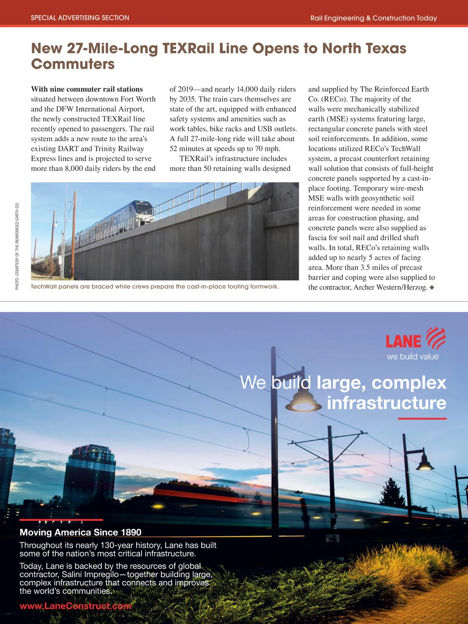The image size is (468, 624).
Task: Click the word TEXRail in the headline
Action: coord(188,48)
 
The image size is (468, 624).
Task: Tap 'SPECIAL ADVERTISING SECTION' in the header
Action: coord(80,18)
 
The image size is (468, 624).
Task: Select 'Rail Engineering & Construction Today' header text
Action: coord(373,18)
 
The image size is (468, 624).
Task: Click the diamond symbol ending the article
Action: coord(432,287)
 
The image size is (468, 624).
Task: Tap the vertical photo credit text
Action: coord(17,246)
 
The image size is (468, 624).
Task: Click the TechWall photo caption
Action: coord(155,287)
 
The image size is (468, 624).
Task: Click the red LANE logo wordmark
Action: coord(403,341)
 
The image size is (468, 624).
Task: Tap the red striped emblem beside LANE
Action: coord(436,338)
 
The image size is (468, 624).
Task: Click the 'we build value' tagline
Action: coord(413,356)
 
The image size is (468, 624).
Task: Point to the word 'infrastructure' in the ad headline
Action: coord(386,403)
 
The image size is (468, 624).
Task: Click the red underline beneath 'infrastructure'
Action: coord(422,418)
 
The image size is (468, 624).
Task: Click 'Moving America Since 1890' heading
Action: coord(80,532)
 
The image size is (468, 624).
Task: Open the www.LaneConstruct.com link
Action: coord(75,606)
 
